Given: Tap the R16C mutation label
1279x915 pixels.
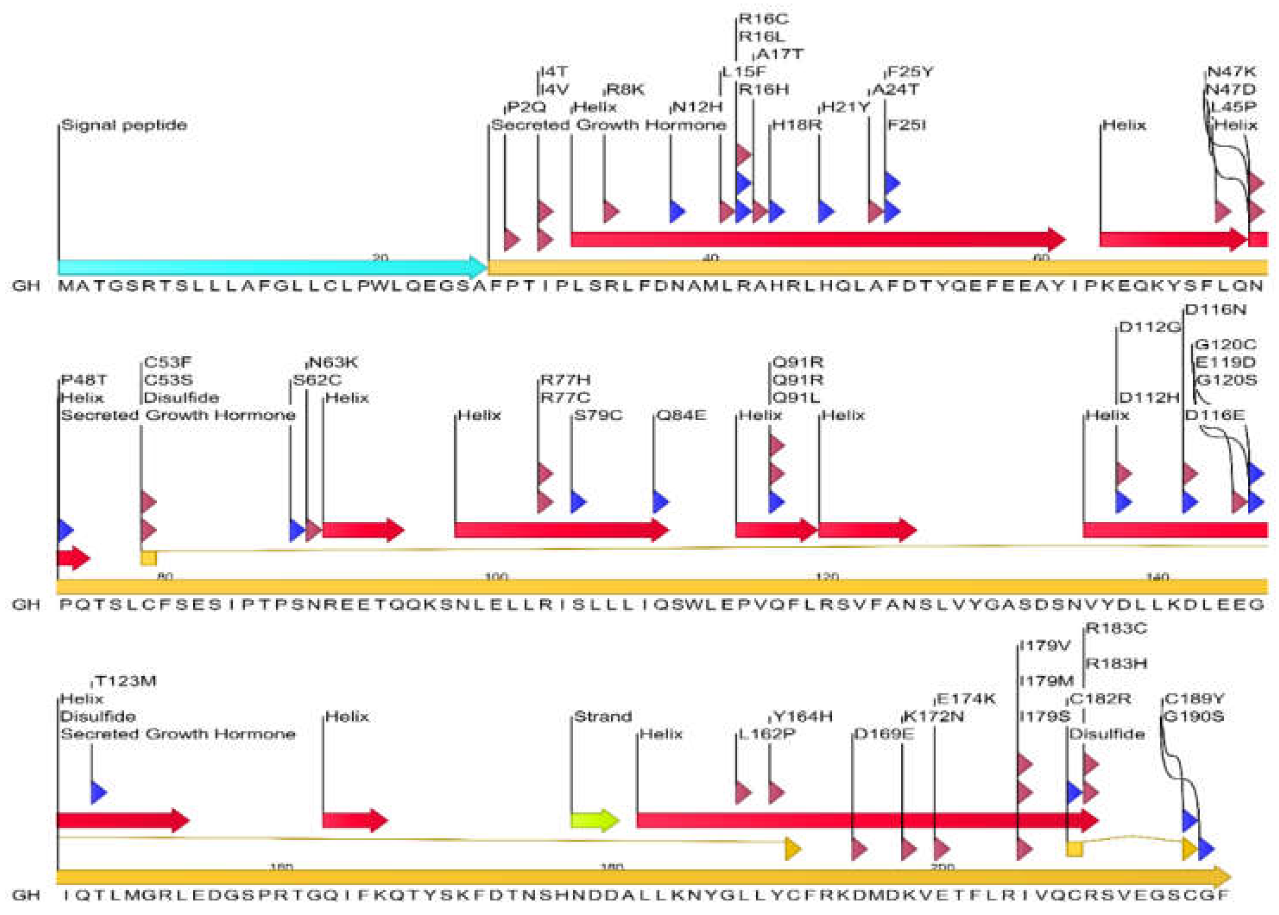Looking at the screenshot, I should point(763,19).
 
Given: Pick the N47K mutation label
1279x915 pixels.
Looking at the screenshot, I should point(1231,72).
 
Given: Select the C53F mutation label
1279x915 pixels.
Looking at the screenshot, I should point(168,362).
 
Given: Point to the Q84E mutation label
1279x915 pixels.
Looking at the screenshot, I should point(681,415).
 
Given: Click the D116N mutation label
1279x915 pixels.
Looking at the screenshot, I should point(1216,309).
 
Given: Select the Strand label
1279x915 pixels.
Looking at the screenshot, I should point(603,717).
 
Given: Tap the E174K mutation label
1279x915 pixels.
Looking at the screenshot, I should point(965,699).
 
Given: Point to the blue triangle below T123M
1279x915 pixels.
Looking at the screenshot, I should point(98,792).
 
